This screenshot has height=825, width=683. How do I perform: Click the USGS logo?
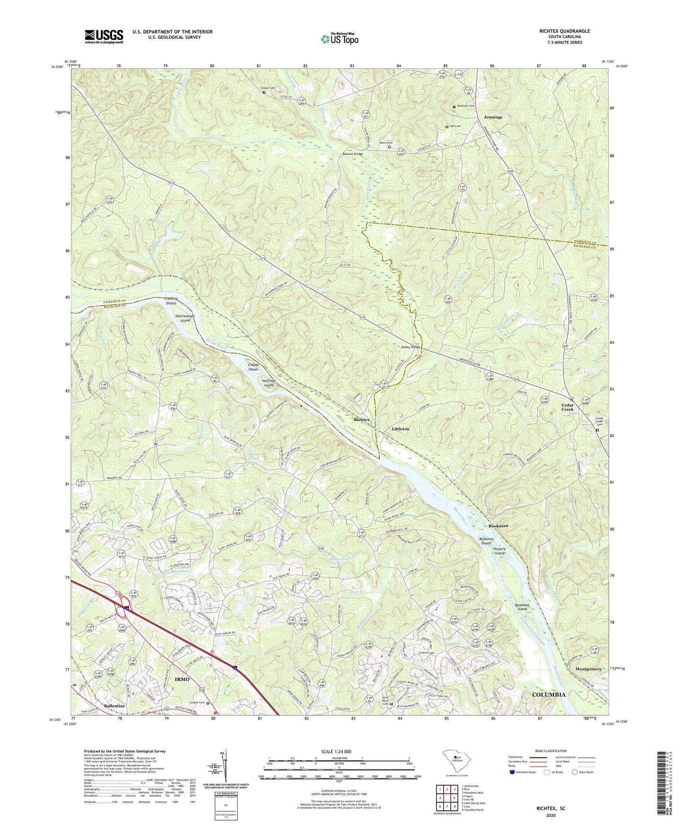[104, 36]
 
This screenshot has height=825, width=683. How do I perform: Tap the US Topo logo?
[339, 39]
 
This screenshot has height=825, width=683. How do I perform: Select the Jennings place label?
[493, 117]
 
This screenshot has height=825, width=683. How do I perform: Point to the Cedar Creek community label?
[567, 407]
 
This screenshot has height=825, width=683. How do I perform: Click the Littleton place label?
[400, 429]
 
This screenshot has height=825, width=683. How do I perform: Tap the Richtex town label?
[363, 419]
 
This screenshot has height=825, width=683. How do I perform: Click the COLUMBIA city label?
[548, 695]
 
